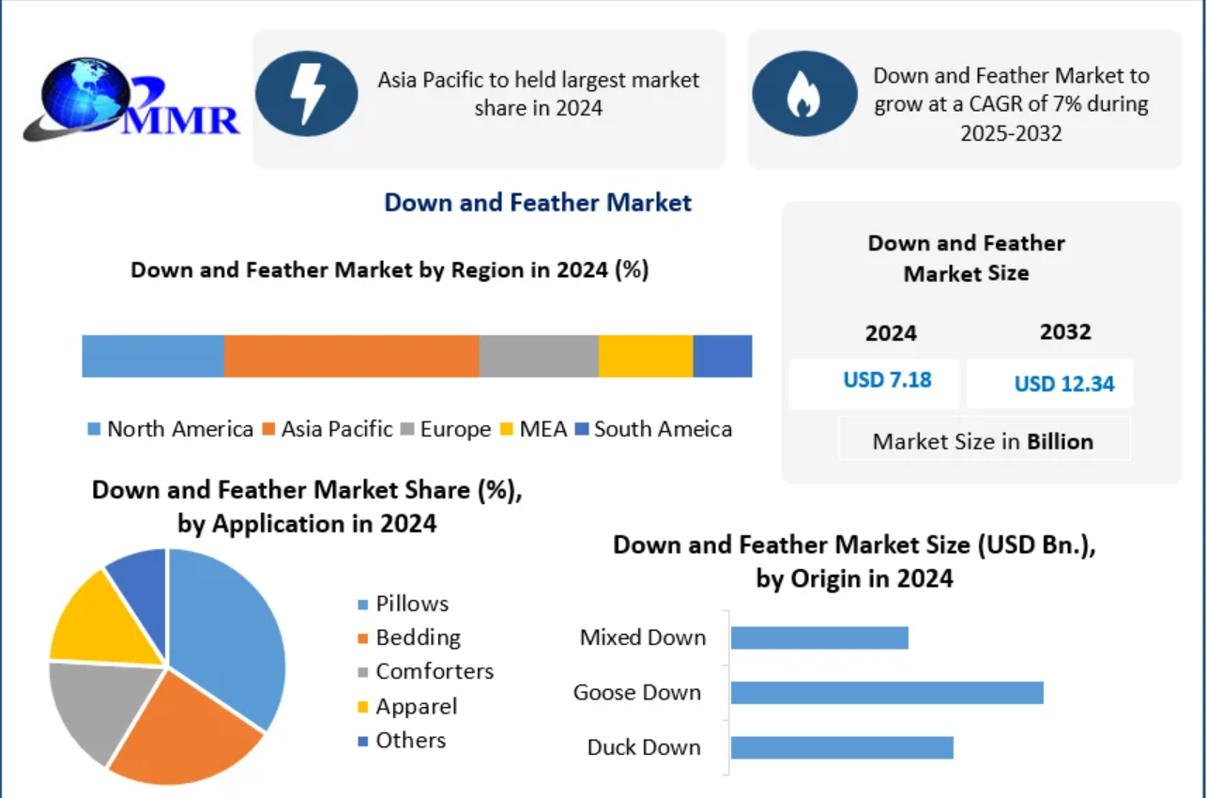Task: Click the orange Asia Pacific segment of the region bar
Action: point(351,356)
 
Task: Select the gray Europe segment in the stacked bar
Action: point(539,356)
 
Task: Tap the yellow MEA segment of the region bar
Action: point(646,356)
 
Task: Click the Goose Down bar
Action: point(887,693)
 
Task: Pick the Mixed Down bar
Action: point(819,637)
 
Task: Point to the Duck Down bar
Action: point(842,747)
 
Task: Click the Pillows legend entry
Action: point(403,604)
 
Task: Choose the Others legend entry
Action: point(402,741)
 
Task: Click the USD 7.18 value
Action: point(887,380)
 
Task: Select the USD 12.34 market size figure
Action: point(1064,384)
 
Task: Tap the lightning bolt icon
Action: point(307,93)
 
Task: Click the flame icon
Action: point(803,93)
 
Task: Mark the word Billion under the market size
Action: point(1061,442)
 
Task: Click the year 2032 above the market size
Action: point(1065,332)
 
